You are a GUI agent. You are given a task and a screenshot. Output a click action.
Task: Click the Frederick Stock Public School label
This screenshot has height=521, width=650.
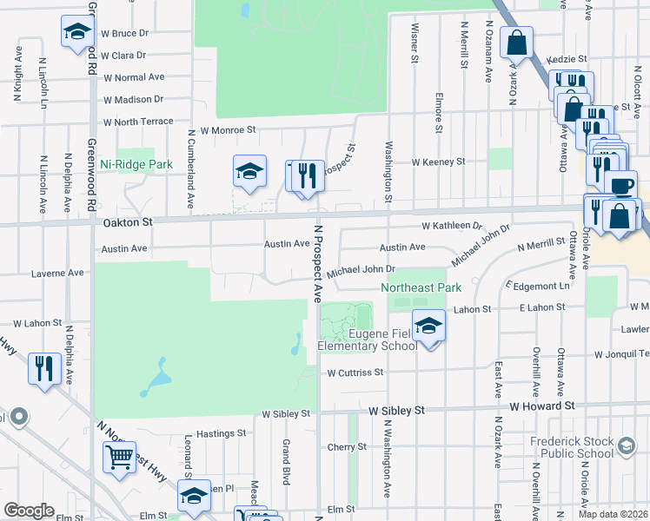pos(572,446)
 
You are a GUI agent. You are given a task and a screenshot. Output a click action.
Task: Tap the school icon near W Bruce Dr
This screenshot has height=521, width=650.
pos(77,33)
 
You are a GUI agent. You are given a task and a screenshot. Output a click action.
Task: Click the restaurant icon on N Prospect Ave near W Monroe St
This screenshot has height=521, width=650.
pos(307,176)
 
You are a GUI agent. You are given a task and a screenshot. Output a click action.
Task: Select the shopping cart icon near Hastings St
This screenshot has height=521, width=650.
pos(119,457)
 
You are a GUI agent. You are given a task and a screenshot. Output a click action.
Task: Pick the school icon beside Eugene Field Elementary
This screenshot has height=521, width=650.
pos(428,326)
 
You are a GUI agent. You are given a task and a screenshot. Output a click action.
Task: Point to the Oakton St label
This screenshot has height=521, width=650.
pos(129,222)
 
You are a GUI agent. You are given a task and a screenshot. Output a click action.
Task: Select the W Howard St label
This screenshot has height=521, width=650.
pos(542,406)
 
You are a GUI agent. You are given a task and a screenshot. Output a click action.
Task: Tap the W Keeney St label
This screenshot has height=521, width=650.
pos(438,162)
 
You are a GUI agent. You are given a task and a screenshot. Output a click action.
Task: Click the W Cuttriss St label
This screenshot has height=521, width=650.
pos(355,373)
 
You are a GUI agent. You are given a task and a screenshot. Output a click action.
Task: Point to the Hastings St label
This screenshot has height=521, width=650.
pos(222,433)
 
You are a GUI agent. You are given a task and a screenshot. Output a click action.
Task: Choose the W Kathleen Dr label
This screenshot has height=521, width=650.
pos(451,226)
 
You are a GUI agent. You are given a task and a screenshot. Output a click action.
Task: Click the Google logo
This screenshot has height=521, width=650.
pos(29,511)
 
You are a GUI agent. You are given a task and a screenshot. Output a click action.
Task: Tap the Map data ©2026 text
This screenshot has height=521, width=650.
pos(613,514)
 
